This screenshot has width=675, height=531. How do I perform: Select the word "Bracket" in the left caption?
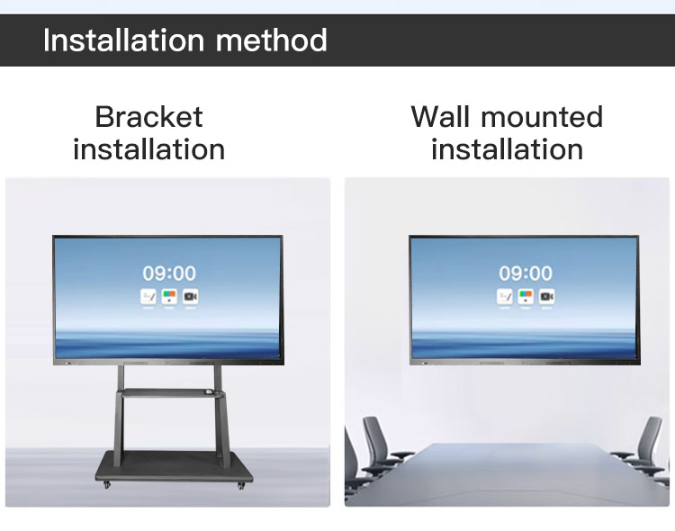148,117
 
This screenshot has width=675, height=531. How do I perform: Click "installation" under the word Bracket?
148,148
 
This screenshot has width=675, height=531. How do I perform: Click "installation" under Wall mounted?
507,148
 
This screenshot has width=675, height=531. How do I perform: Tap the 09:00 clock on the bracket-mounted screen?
168,273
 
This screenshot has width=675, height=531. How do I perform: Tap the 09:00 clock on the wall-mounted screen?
526,273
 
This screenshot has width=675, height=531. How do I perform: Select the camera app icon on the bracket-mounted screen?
190,296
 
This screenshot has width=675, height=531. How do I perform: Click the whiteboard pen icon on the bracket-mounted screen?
148,296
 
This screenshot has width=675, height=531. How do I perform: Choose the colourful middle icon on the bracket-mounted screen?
168,296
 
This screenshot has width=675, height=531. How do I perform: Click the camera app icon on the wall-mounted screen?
547,296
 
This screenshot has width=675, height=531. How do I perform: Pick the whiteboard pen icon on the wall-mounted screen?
505,296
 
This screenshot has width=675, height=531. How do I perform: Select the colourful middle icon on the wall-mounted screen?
526,296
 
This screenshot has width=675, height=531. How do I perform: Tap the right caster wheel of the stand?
240,486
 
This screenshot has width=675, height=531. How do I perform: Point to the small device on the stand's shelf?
209,391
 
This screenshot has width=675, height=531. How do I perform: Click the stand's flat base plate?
171,467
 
